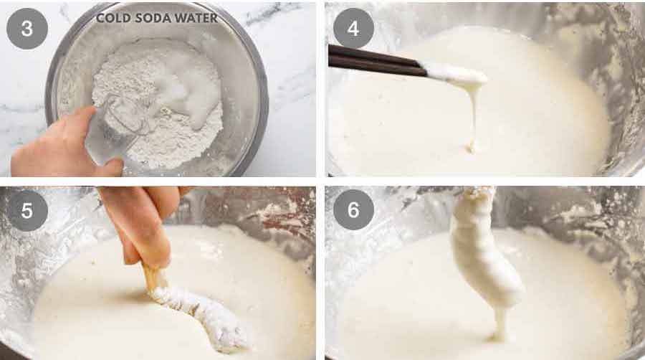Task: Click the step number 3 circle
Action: tap(27, 28)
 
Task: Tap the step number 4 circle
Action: tap(353, 28)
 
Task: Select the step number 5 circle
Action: tap(27, 210)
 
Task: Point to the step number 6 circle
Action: tap(353, 210)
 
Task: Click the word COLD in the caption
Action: tap(113, 18)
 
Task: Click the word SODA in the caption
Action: tap(150, 18)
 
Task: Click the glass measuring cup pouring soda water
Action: tap(115, 133)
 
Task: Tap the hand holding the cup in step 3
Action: tap(57, 147)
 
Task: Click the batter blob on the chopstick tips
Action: tap(455, 73)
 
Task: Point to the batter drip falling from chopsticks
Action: tap(473, 115)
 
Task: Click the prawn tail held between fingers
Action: tap(152, 277)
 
